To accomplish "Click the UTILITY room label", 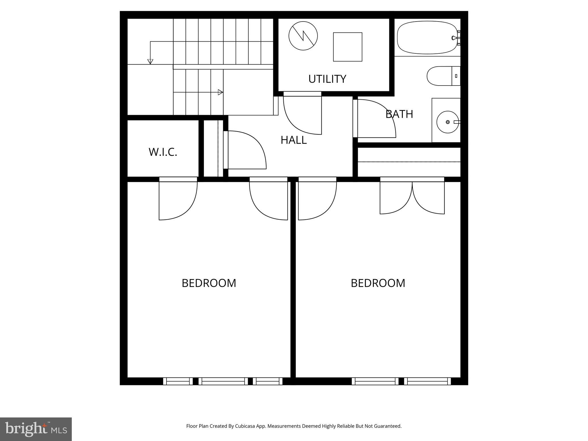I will (x=327, y=79).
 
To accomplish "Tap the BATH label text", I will (x=399, y=114).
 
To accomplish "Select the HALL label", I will (x=293, y=140).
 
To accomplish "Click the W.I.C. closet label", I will (x=163, y=152).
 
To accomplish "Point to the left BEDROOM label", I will (x=209, y=283).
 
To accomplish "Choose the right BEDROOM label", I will (x=378, y=283).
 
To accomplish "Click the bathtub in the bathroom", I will (x=427, y=38).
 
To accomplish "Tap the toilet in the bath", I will (x=442, y=76).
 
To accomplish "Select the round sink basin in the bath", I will (x=447, y=122).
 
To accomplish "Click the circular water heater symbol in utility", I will (x=303, y=36).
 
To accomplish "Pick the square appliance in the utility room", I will (x=347, y=47).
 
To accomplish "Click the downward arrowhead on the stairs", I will (x=150, y=61).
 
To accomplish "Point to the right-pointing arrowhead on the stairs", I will (x=220, y=92).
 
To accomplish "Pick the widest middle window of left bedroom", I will (x=223, y=381).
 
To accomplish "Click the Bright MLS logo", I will (x=36, y=429).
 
